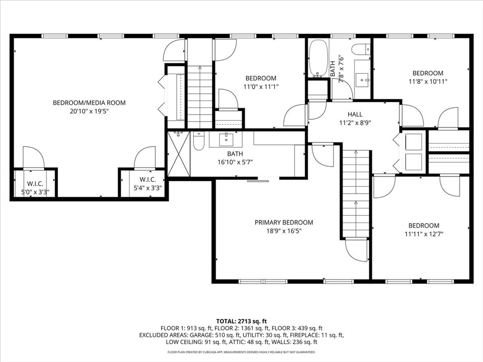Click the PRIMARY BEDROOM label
click(283, 222)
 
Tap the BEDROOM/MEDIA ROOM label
click(89, 102)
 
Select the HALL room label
click(355, 115)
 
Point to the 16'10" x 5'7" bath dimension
click(235, 162)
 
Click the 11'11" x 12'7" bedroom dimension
click(424, 234)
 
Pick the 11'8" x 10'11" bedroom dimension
click(428, 82)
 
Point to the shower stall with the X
click(179, 154)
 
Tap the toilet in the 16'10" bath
click(199, 141)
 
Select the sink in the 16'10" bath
click(226, 139)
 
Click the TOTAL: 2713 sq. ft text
click(241, 321)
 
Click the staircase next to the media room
click(200, 97)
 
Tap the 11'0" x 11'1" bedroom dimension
click(261, 87)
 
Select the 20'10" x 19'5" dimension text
click(89, 111)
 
